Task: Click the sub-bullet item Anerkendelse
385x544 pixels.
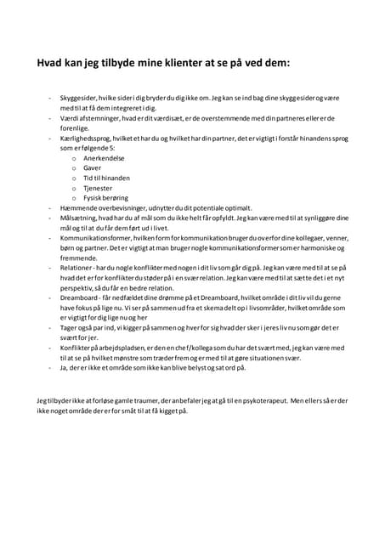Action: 102,158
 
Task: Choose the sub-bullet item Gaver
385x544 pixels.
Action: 91,168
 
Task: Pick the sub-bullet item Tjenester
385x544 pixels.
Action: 98,188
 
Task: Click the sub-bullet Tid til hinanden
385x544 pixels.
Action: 105,178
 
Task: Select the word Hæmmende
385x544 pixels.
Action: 79,207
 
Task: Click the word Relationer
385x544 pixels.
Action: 77,267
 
